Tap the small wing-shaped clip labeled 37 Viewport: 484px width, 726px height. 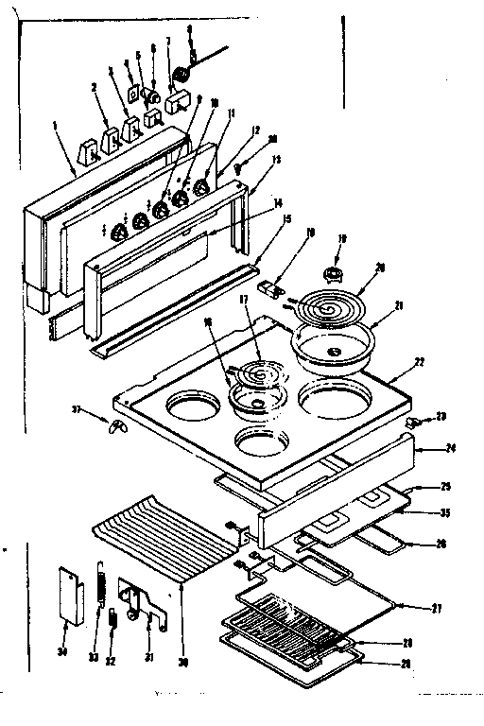pos(115,426)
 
